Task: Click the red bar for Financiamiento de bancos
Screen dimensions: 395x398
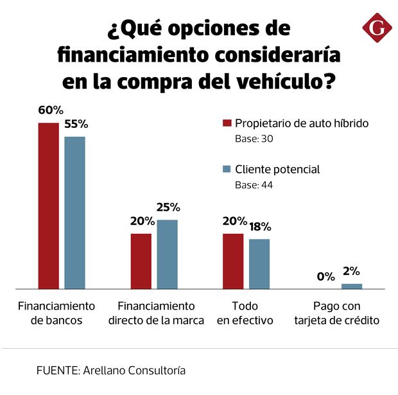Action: click(x=48, y=206)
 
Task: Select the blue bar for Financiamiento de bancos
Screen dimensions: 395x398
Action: click(x=74, y=213)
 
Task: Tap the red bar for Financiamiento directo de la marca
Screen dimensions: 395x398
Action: click(x=141, y=261)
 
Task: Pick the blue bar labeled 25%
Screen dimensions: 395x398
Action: click(x=167, y=254)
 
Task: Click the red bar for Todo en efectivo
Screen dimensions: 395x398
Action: click(x=233, y=261)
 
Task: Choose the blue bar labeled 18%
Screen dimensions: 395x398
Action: click(x=259, y=263)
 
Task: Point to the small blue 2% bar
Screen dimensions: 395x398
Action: click(x=351, y=286)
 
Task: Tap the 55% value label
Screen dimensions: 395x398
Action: click(x=76, y=123)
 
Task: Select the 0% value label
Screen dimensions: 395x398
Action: click(x=325, y=277)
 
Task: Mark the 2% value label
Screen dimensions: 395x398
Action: click(x=351, y=271)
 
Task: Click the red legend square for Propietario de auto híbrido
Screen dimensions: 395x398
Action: click(x=226, y=123)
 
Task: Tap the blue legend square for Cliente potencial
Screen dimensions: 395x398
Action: click(x=226, y=170)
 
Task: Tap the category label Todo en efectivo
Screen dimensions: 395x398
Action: click(x=245, y=313)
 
